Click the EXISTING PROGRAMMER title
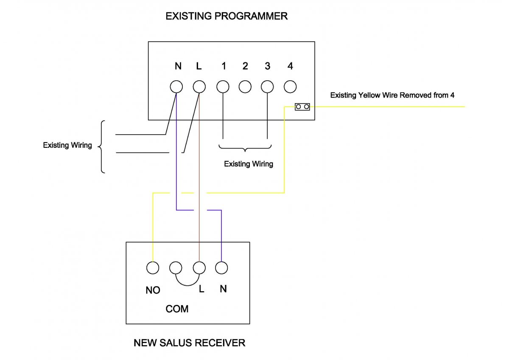pyautogui.click(x=227, y=17)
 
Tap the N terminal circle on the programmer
pyautogui.click(x=176, y=87)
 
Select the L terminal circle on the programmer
pyautogui.click(x=199, y=87)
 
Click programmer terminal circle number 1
pyautogui.click(x=223, y=87)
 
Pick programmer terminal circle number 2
pyautogui.click(x=245, y=87)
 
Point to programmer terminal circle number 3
pyautogui.click(x=267, y=87)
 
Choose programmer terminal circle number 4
pyautogui.click(x=290, y=87)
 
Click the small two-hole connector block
pyautogui.click(x=302, y=107)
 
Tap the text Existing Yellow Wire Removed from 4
pyautogui.click(x=392, y=96)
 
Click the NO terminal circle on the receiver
pyautogui.click(x=153, y=268)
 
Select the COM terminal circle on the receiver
pyautogui.click(x=176, y=268)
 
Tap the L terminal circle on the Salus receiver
pyautogui.click(x=199, y=268)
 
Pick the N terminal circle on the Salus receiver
pyautogui.click(x=221, y=268)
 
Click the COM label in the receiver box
pyautogui.click(x=177, y=309)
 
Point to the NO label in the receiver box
pyautogui.click(x=153, y=290)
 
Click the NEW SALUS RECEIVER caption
pyautogui.click(x=189, y=343)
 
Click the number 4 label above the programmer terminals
pyautogui.click(x=290, y=66)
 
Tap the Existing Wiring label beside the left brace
pyautogui.click(x=67, y=145)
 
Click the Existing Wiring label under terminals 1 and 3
pyautogui.click(x=249, y=164)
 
